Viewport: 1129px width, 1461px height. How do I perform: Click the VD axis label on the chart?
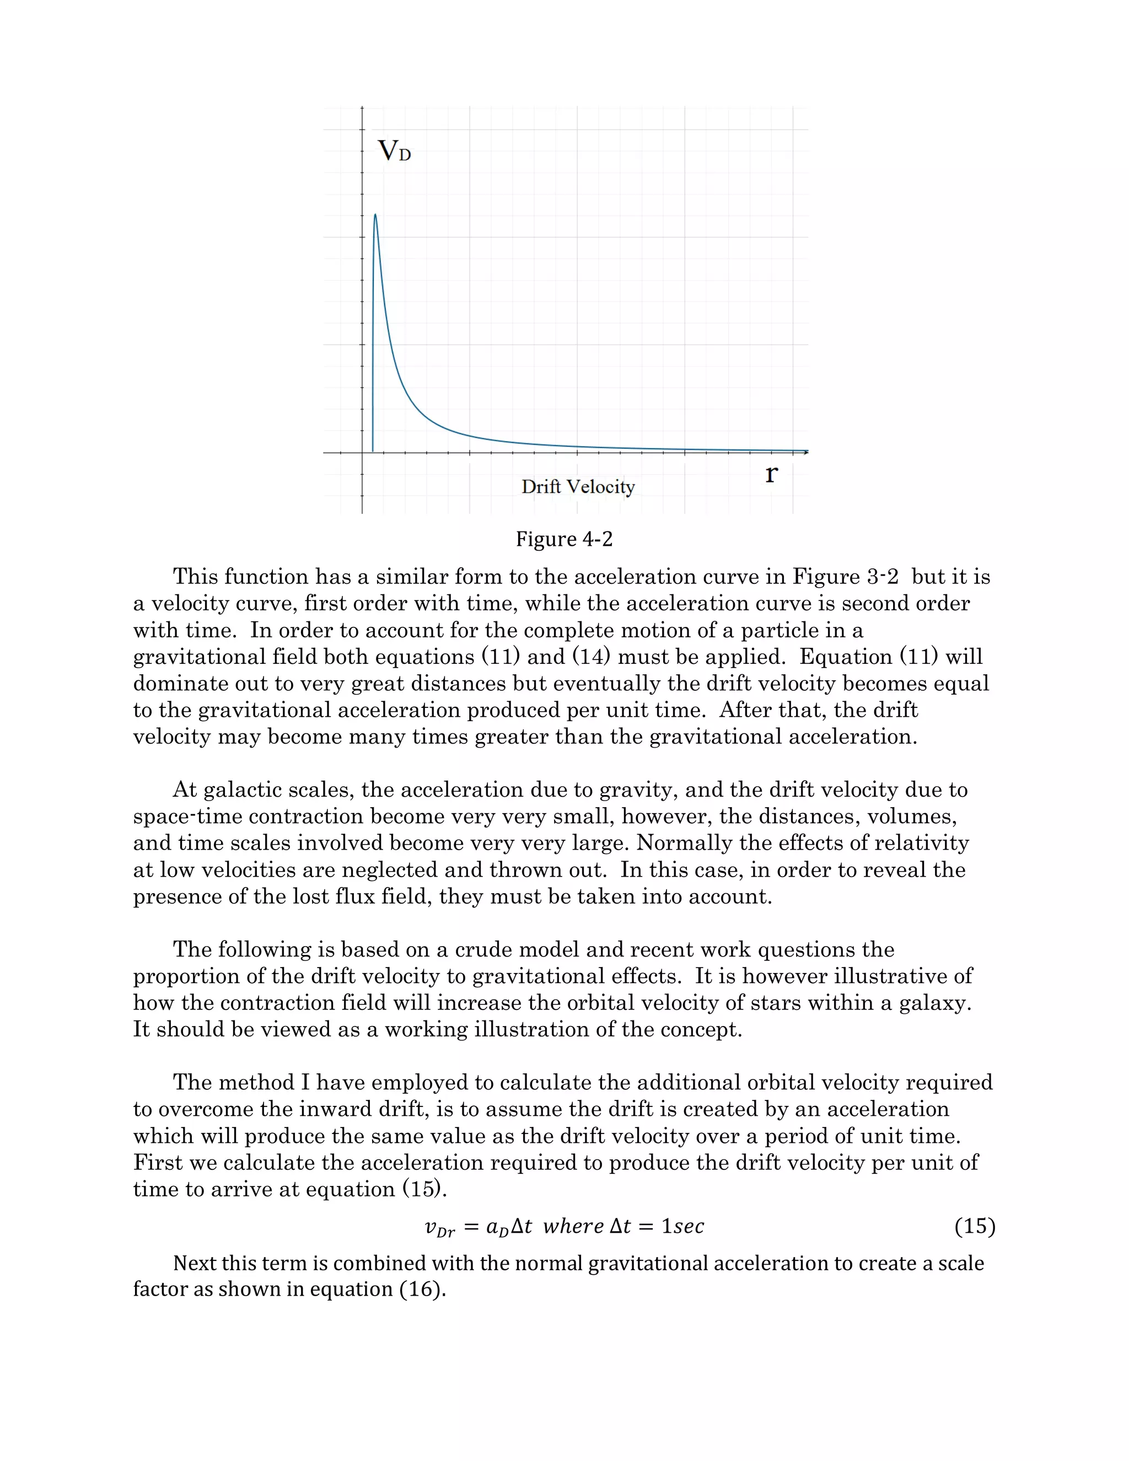(394, 151)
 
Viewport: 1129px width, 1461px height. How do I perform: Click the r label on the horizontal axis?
(771, 474)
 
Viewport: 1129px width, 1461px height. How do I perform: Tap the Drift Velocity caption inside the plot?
(578, 486)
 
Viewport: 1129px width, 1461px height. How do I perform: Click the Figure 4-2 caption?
(564, 539)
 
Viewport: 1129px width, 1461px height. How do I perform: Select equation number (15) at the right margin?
(975, 1226)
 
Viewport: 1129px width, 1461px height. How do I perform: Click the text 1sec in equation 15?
(682, 1226)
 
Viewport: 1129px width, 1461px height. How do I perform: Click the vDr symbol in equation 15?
(439, 1228)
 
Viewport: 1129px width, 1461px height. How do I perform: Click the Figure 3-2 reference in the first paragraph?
(846, 577)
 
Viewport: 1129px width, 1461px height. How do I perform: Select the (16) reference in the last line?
(423, 1289)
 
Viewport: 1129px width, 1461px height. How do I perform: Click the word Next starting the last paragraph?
(195, 1263)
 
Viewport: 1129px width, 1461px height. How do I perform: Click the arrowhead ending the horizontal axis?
(806, 453)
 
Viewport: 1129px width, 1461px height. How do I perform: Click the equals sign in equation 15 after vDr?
(471, 1227)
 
